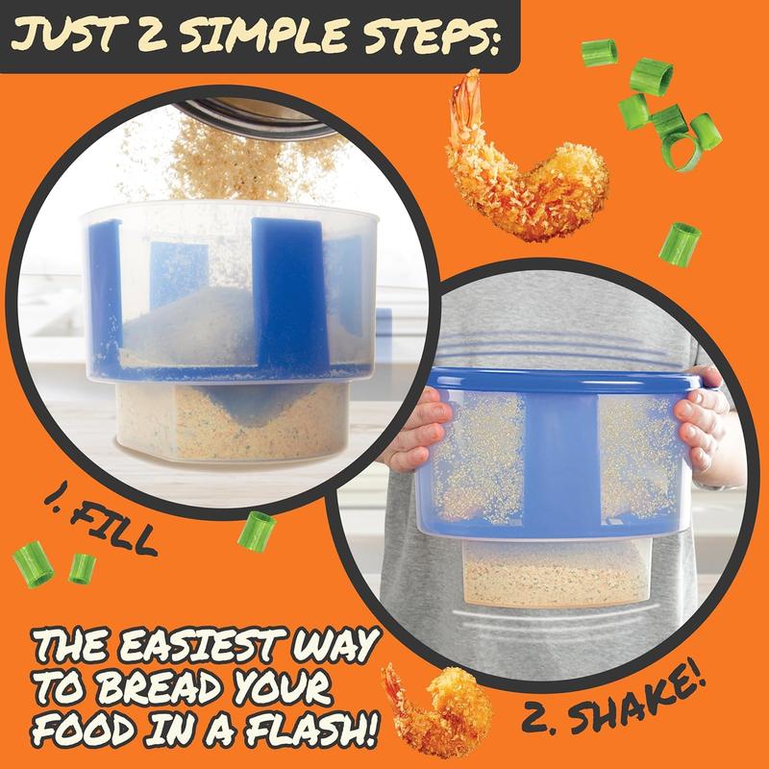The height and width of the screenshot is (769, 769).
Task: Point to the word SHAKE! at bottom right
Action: [636, 706]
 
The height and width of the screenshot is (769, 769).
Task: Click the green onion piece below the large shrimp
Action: [679, 244]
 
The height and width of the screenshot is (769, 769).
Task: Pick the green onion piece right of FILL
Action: [257, 533]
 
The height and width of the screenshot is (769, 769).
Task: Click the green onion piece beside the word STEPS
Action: [599, 53]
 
